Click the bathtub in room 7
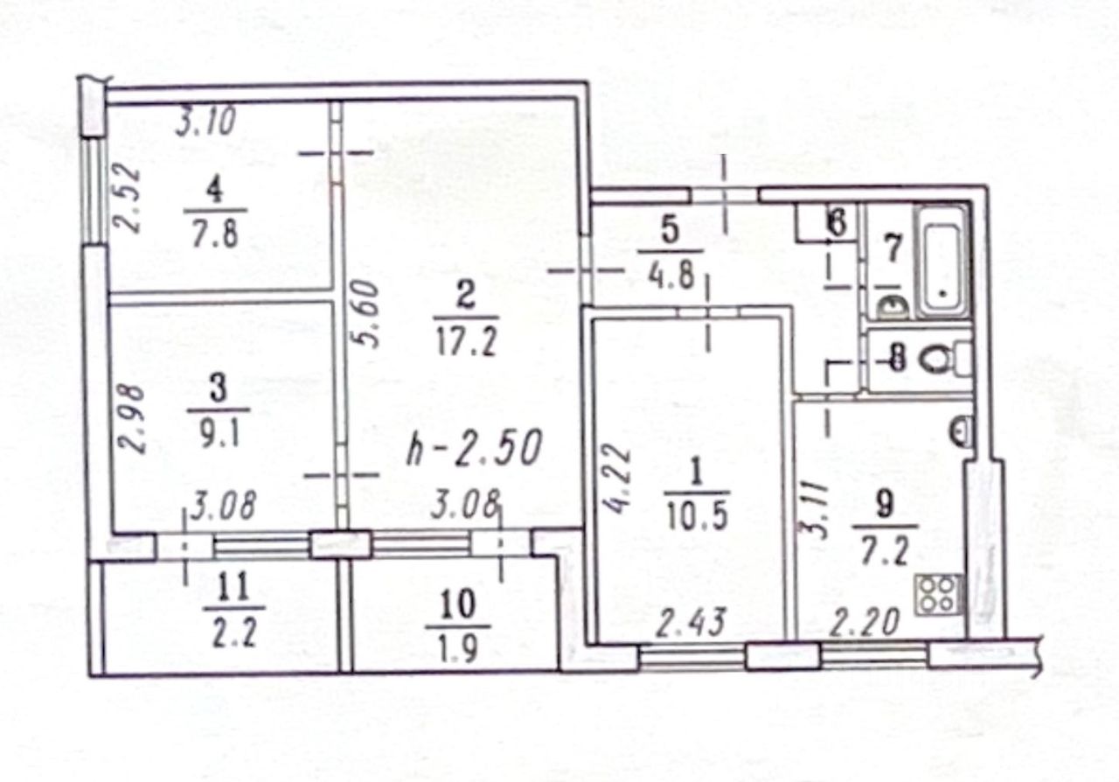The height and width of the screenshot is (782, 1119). point(942,262)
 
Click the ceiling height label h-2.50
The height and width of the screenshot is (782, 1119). point(474,448)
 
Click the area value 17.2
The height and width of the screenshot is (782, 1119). point(466,343)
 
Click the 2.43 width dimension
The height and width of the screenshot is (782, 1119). point(690,623)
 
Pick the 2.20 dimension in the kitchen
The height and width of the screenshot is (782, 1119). point(865,622)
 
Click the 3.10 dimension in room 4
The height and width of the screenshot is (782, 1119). point(205,122)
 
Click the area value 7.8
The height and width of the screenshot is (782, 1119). point(215,235)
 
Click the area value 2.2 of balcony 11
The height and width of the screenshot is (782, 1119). point(234,634)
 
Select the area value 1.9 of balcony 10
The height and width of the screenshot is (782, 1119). point(458,651)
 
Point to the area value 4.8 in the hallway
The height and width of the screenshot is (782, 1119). point(671,275)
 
